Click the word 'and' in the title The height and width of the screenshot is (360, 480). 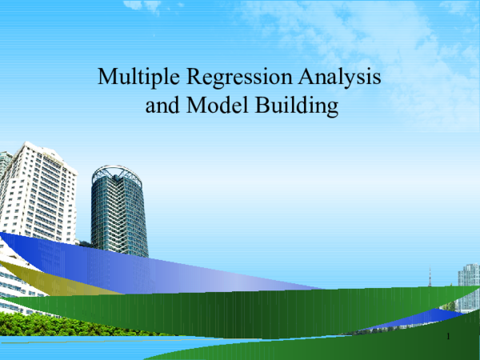coord(162,105)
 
